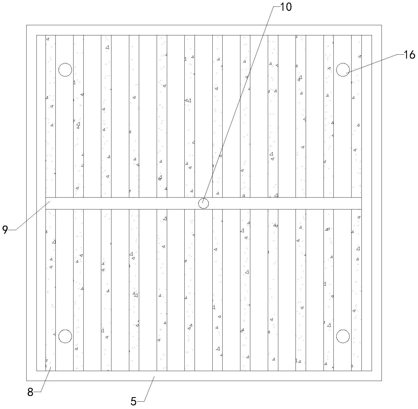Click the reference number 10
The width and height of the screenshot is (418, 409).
pyautogui.click(x=286, y=7)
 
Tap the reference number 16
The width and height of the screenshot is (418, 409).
pyautogui.click(x=409, y=55)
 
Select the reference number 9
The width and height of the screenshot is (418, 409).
pyautogui.click(x=5, y=230)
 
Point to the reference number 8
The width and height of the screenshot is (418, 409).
pyautogui.click(x=30, y=392)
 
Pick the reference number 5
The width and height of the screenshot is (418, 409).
pyautogui.click(x=133, y=401)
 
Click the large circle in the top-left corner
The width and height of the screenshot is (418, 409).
pyautogui.click(x=65, y=70)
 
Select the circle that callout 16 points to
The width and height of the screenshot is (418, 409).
pyautogui.click(x=343, y=70)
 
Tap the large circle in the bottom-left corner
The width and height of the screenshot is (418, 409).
pyautogui.click(x=65, y=336)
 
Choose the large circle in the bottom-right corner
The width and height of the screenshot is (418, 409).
pyautogui.click(x=343, y=336)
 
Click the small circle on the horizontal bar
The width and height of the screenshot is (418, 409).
pyautogui.click(x=203, y=203)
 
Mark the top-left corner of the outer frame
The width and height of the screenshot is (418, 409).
pyautogui.click(x=27, y=25)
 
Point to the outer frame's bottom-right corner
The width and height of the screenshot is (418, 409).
pyautogui.click(x=382, y=380)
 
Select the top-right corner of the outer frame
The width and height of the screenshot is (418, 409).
pyautogui.click(x=382, y=25)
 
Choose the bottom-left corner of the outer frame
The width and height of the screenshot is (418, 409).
pyautogui.click(x=27, y=380)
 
